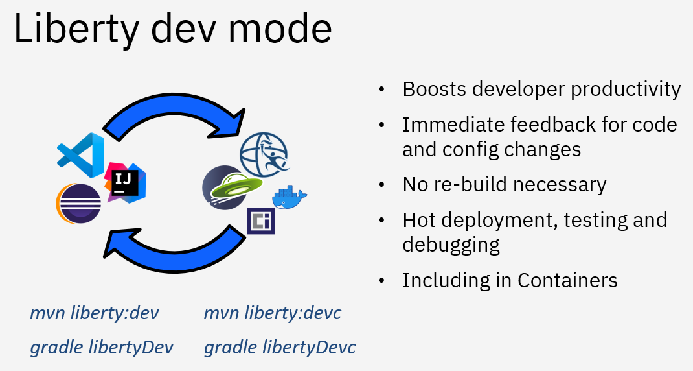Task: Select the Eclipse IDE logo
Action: [78, 204]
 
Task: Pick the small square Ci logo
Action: [261, 221]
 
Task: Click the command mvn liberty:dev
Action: [95, 313]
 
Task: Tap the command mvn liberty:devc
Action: [272, 313]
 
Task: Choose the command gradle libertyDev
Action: [102, 347]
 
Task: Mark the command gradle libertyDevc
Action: [280, 347]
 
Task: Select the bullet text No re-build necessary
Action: [504, 184]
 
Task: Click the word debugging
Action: [451, 245]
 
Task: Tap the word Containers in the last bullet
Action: [567, 280]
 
